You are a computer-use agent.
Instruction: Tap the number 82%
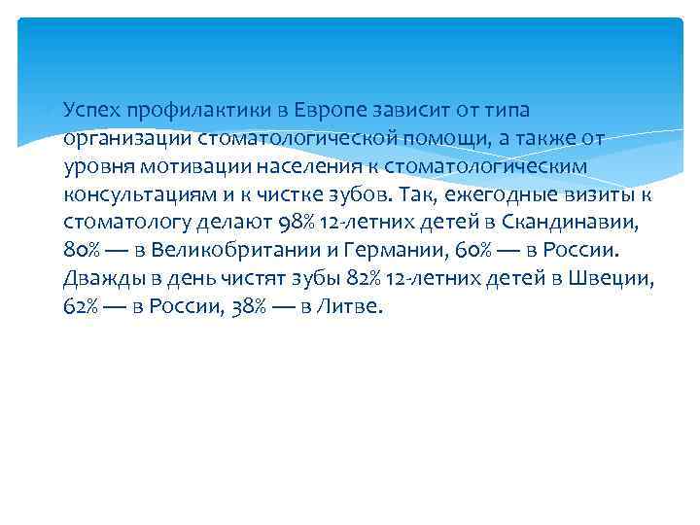coord(364,278)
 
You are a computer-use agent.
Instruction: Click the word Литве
coord(358,306)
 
